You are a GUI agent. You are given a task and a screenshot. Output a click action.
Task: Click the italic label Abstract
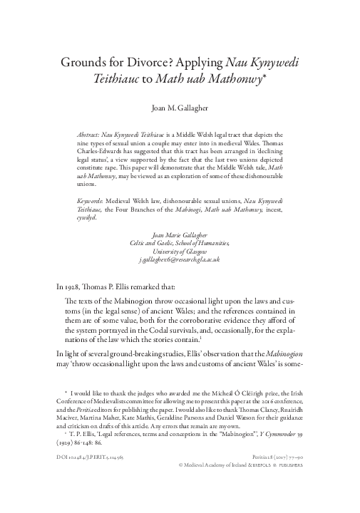click(89, 134)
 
